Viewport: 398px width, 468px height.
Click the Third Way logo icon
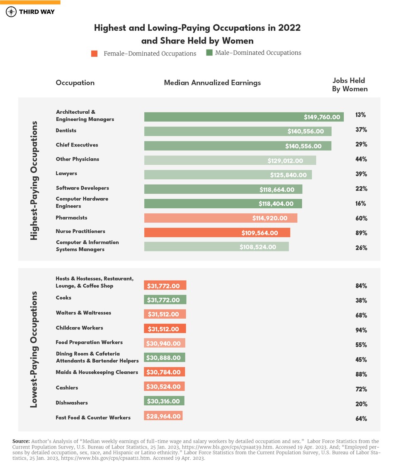pyautogui.click(x=11, y=12)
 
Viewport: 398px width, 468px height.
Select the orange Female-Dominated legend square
pyautogui.click(x=95, y=54)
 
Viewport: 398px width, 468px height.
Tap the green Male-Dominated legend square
pyautogui.click(x=209, y=53)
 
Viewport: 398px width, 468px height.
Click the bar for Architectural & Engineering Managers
pyautogui.click(x=244, y=117)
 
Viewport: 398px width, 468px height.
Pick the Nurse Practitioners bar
pyautogui.click(x=217, y=233)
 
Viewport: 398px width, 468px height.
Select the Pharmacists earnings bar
pyautogui.click(x=221, y=218)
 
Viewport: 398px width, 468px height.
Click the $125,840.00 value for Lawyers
pyautogui.click(x=288, y=175)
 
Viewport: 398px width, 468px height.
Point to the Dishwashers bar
pyautogui.click(x=164, y=401)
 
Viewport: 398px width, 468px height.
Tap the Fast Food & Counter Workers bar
pyautogui.click(x=163, y=416)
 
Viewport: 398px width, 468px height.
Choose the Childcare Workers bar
pyautogui.click(x=165, y=329)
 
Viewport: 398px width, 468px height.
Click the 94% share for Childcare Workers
pyautogui.click(x=361, y=330)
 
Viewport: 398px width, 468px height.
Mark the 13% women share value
pyautogui.click(x=361, y=115)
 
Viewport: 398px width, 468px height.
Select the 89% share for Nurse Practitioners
pyautogui.click(x=361, y=233)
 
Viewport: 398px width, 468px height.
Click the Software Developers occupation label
pyautogui.click(x=82, y=188)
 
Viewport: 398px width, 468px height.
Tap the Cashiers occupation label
pyautogui.click(x=67, y=388)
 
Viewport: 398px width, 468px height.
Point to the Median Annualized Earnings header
pyautogui.click(x=212, y=83)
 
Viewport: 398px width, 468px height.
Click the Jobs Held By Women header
pyautogui.click(x=349, y=85)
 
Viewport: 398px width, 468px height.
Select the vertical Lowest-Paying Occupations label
pyautogui.click(x=34, y=349)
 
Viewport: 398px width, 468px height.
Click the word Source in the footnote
pyautogui.click(x=21, y=441)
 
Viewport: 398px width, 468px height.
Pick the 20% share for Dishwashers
pyautogui.click(x=361, y=404)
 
